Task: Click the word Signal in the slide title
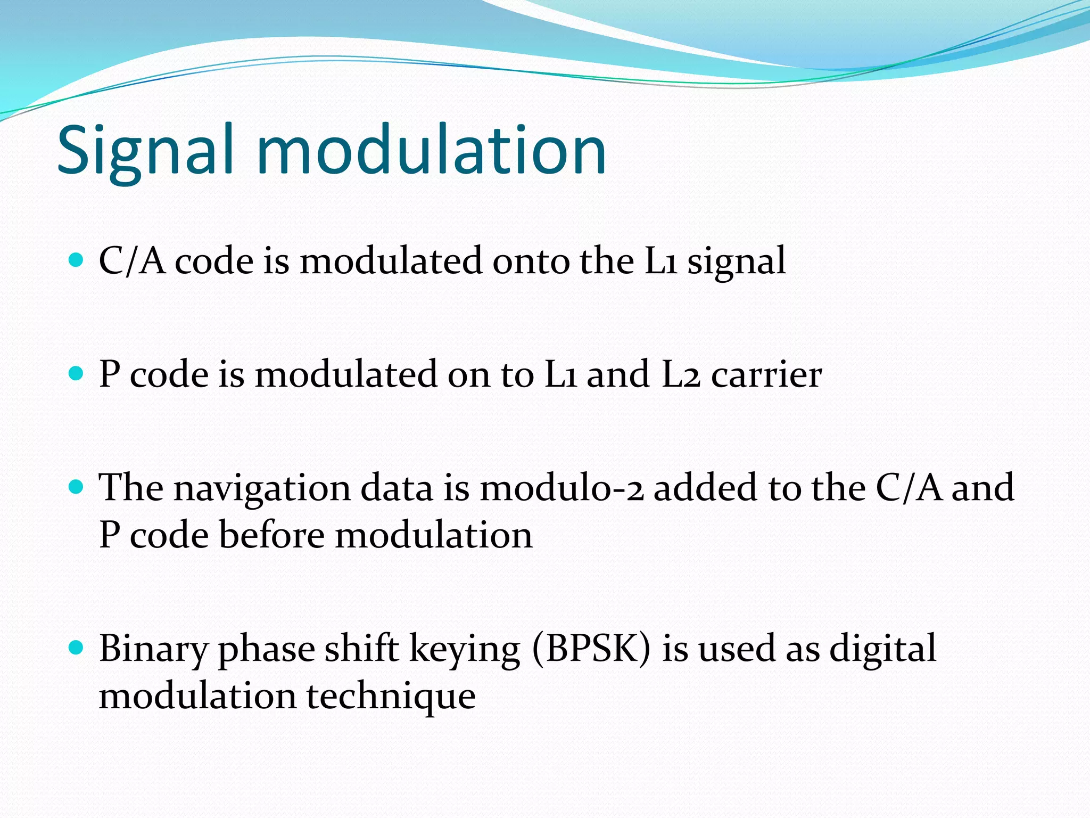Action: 145,150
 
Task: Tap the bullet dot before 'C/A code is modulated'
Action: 77,260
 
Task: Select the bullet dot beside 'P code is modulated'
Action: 77,373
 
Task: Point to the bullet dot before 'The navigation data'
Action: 77,487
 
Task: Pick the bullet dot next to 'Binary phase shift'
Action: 77,648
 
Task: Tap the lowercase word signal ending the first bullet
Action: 736,262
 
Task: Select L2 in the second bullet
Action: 681,374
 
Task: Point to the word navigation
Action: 262,489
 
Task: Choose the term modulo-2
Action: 561,488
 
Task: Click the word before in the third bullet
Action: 272,535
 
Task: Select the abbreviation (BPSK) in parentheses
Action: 591,649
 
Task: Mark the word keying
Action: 465,650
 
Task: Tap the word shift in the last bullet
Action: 362,649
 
